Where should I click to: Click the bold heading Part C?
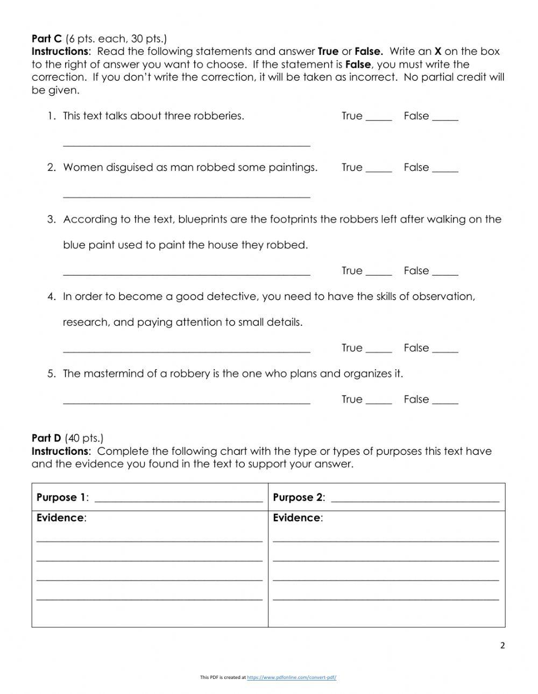click(47, 39)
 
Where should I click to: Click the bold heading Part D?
click(47, 438)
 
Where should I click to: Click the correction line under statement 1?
click(186, 144)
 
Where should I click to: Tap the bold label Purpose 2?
click(298, 497)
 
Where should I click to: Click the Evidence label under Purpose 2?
click(296, 518)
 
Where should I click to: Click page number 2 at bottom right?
click(502, 646)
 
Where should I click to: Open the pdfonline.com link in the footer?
click(292, 677)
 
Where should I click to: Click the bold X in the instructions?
click(438, 52)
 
